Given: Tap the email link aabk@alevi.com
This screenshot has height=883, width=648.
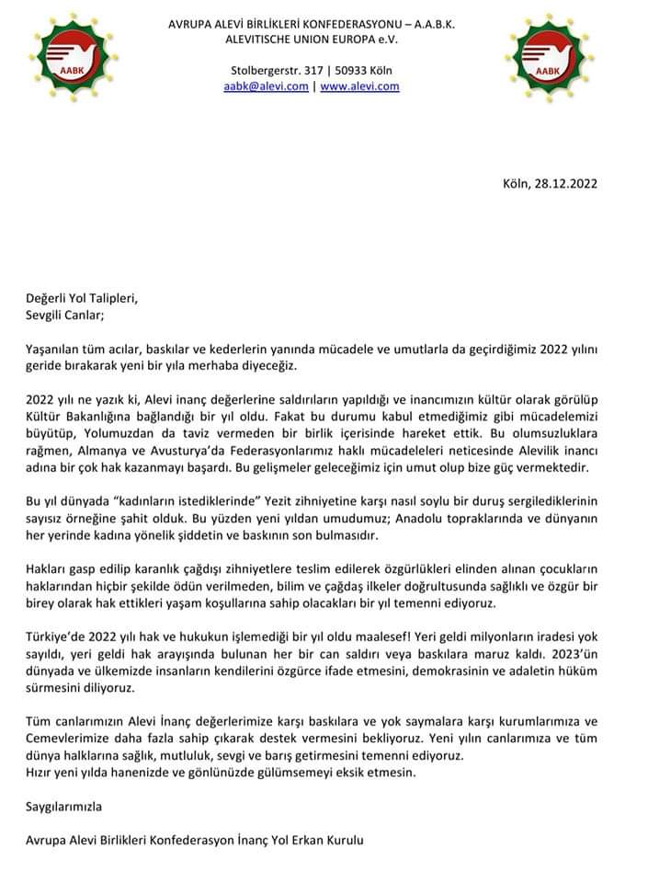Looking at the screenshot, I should (x=266, y=86).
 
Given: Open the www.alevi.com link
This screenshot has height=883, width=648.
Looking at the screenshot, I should (x=359, y=86).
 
